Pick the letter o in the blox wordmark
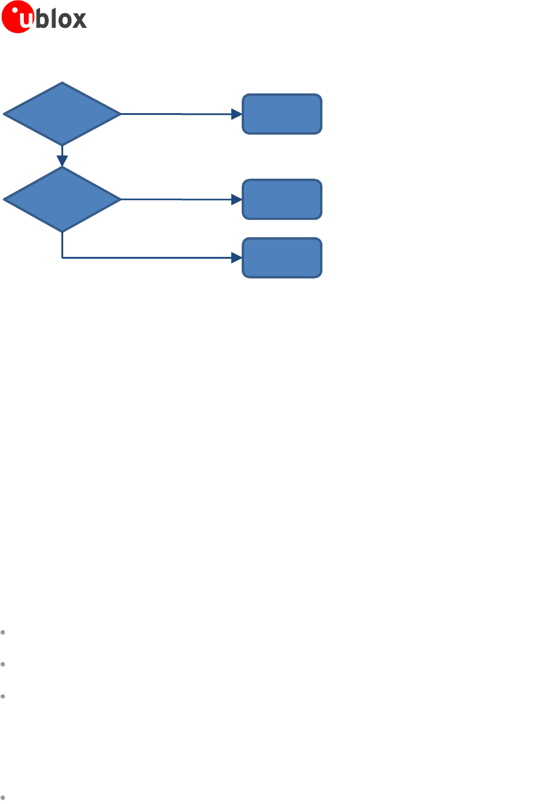pos(63,20)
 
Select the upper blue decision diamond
pos(62,114)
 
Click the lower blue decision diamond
pos(62,199)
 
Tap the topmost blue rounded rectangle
pos(282,114)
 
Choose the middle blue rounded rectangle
pos(282,199)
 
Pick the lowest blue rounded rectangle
pos(282,258)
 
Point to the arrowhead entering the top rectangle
pos(237,114)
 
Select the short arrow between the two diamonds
pos(62,156)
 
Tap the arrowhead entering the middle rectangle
pos(237,200)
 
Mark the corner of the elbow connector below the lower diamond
pos(62,258)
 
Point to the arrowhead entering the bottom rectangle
pos(237,258)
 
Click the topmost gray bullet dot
pos(3,632)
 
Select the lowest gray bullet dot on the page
pos(3,797)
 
